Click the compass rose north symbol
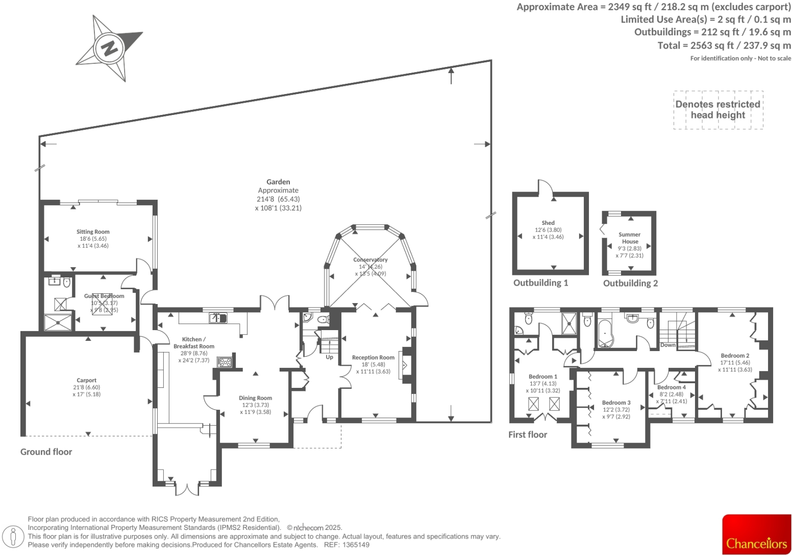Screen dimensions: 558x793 point(109,48)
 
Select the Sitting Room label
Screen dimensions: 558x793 point(93,232)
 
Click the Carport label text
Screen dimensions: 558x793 point(86,380)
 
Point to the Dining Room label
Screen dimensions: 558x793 point(255,398)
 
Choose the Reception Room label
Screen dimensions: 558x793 point(373,358)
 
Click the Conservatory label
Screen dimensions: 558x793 point(370,260)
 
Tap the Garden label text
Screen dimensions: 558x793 point(278,182)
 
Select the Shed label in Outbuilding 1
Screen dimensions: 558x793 point(548,223)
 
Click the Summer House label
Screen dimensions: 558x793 point(630,238)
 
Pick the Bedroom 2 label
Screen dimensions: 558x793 point(735,356)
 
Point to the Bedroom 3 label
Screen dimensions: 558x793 point(616,403)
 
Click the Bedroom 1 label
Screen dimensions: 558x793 point(543,377)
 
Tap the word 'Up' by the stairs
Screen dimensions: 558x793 point(329,357)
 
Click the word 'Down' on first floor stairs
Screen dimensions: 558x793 point(667,345)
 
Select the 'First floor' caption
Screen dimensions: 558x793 point(527,435)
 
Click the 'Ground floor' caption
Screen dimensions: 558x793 point(46,452)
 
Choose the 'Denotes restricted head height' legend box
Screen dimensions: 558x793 point(718,110)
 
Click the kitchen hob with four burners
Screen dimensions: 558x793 point(225,362)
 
